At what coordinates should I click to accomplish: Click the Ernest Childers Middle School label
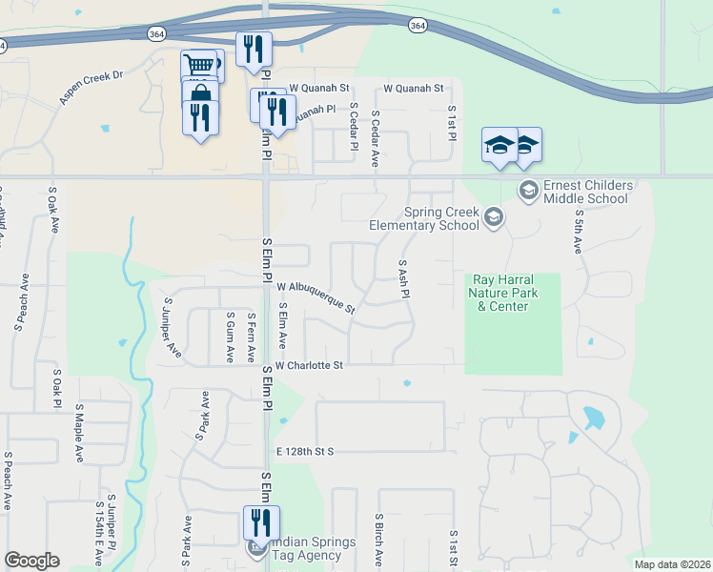pyautogui.click(x=586, y=192)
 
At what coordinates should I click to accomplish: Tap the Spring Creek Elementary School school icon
pyautogui.click(x=493, y=218)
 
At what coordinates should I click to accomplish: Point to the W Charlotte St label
pyautogui.click(x=308, y=365)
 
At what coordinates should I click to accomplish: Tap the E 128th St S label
pyautogui.click(x=304, y=450)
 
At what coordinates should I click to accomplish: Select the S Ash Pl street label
pyautogui.click(x=404, y=279)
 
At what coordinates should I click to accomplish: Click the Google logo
pyautogui.click(x=31, y=561)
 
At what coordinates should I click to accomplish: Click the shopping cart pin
pyautogui.click(x=198, y=65)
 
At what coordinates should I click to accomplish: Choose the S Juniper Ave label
pyautogui.click(x=171, y=326)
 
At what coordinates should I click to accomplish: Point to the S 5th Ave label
pyautogui.click(x=578, y=232)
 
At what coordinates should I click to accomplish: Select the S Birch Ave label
pyautogui.click(x=378, y=543)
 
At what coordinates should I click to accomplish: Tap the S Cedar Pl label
pyautogui.click(x=354, y=127)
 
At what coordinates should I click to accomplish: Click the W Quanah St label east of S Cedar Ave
pyautogui.click(x=414, y=89)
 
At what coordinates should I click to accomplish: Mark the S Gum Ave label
pyautogui.click(x=230, y=337)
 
